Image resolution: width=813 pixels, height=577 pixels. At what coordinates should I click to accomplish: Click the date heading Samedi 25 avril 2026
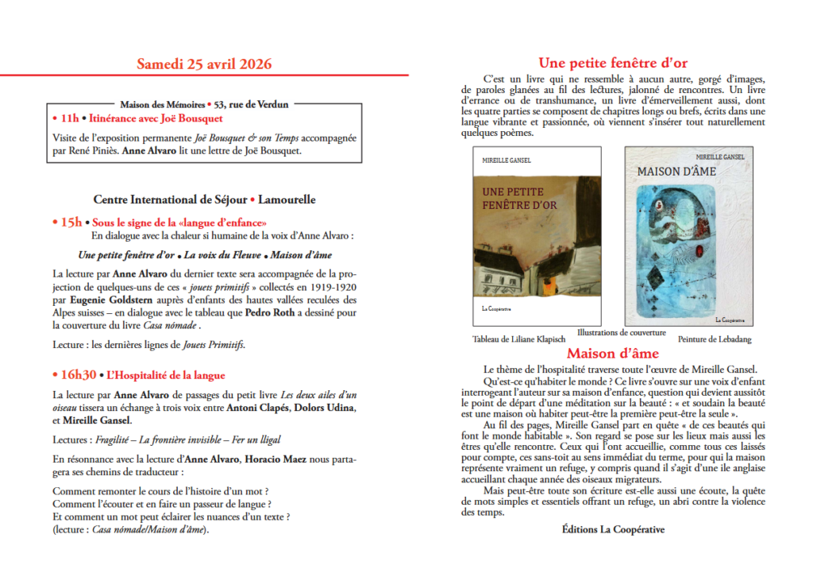tap(204, 64)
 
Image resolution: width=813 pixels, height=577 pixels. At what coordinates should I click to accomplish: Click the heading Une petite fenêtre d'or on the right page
tap(613, 63)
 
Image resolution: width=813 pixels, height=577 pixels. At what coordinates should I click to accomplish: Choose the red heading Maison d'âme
tap(612, 353)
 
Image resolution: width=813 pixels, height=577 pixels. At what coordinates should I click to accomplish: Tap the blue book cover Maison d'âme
tap(688, 236)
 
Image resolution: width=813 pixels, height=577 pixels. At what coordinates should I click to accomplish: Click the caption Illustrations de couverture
tap(622, 332)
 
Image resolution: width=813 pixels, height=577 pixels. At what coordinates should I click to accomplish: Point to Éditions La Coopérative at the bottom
tap(613, 529)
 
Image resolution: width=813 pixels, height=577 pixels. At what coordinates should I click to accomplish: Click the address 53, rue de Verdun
tap(252, 104)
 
